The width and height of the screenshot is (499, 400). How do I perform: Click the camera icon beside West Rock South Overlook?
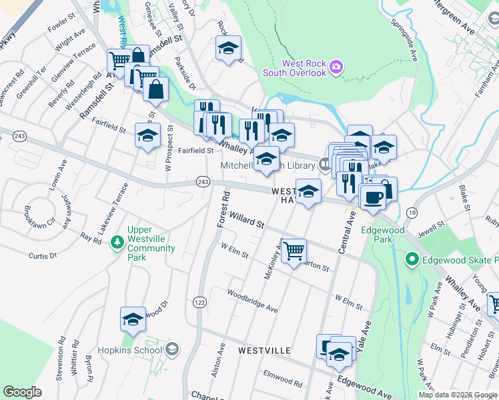[337, 67]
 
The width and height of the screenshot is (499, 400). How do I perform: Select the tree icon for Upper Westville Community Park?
[117, 239]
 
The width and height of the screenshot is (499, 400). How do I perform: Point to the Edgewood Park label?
[383, 235]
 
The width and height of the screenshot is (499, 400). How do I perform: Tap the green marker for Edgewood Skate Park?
[412, 259]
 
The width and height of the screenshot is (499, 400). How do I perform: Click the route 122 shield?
[199, 302]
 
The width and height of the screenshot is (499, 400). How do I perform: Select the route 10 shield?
[412, 212]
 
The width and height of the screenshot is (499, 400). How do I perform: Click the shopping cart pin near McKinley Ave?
[294, 251]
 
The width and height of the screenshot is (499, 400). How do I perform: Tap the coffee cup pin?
[372, 196]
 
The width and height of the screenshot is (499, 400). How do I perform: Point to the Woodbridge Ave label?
[252, 301]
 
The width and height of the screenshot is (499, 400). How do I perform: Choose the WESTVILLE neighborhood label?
[264, 350]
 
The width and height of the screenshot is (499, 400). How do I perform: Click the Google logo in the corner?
[22, 392]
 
